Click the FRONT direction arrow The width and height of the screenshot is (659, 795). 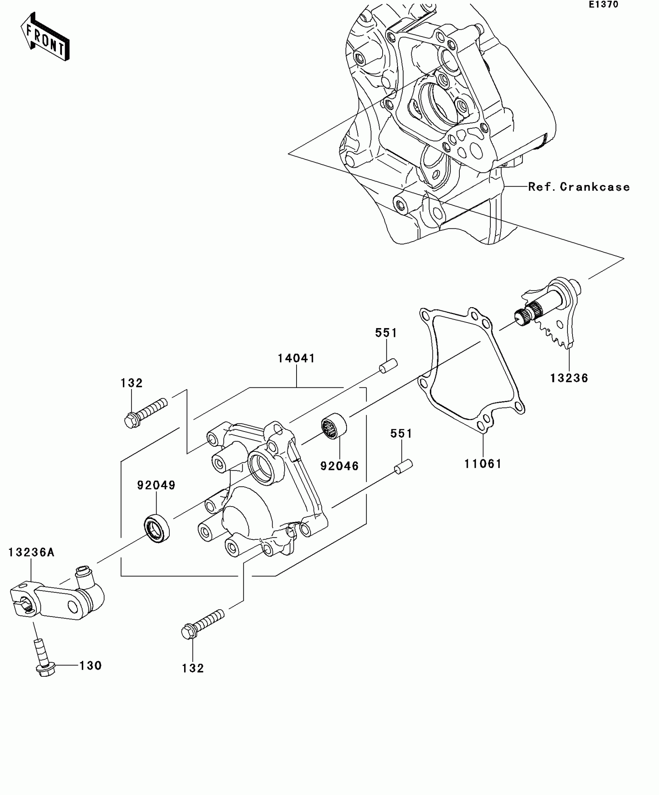(x=45, y=37)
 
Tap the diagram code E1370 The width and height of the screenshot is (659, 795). (x=604, y=5)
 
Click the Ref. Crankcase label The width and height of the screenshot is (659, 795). (x=579, y=187)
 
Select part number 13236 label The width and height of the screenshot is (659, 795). (x=569, y=378)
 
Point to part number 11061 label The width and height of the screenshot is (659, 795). (x=483, y=463)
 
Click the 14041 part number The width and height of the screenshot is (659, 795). (x=297, y=358)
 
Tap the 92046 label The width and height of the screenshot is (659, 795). (x=340, y=466)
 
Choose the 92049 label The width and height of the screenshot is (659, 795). (x=156, y=485)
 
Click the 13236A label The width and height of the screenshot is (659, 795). (x=31, y=552)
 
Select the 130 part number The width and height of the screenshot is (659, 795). (x=91, y=665)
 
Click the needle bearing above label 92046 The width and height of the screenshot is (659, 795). (x=334, y=426)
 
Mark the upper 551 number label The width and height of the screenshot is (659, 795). (x=386, y=333)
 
